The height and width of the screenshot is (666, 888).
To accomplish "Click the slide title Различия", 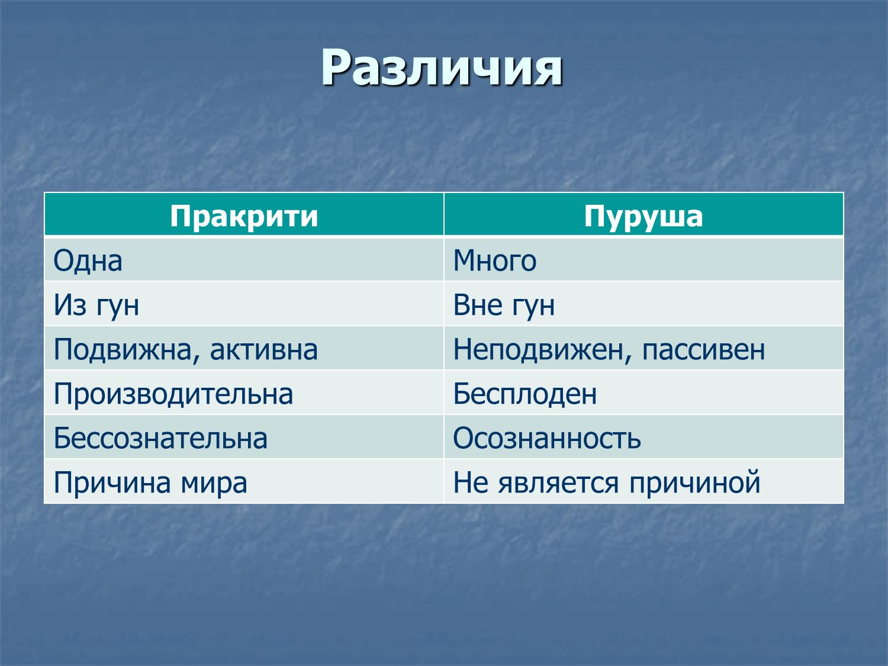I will pos(441,68).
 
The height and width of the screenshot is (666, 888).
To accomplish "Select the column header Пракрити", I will pos(244,216).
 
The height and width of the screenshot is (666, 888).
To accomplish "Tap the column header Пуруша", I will pos(644,216).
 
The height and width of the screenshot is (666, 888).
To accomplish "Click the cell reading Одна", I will pos(88,260).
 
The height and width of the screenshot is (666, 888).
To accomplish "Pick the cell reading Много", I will pos(495,260).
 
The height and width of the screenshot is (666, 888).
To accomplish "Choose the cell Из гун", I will pos(96,305).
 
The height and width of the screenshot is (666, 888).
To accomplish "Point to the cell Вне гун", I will pos(504,305).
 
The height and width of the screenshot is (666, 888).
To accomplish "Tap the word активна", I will pos(263,349).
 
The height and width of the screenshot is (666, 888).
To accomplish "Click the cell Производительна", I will pos(173,394).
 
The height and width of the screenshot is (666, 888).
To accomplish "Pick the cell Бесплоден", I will pos(525,394).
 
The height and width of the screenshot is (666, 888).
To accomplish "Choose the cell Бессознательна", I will pos(160,438).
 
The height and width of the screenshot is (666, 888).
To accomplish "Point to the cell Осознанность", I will pos(547,438).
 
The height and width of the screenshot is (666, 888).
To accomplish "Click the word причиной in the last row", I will pos(694,482).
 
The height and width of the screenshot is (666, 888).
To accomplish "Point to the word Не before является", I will pos(471,482).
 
